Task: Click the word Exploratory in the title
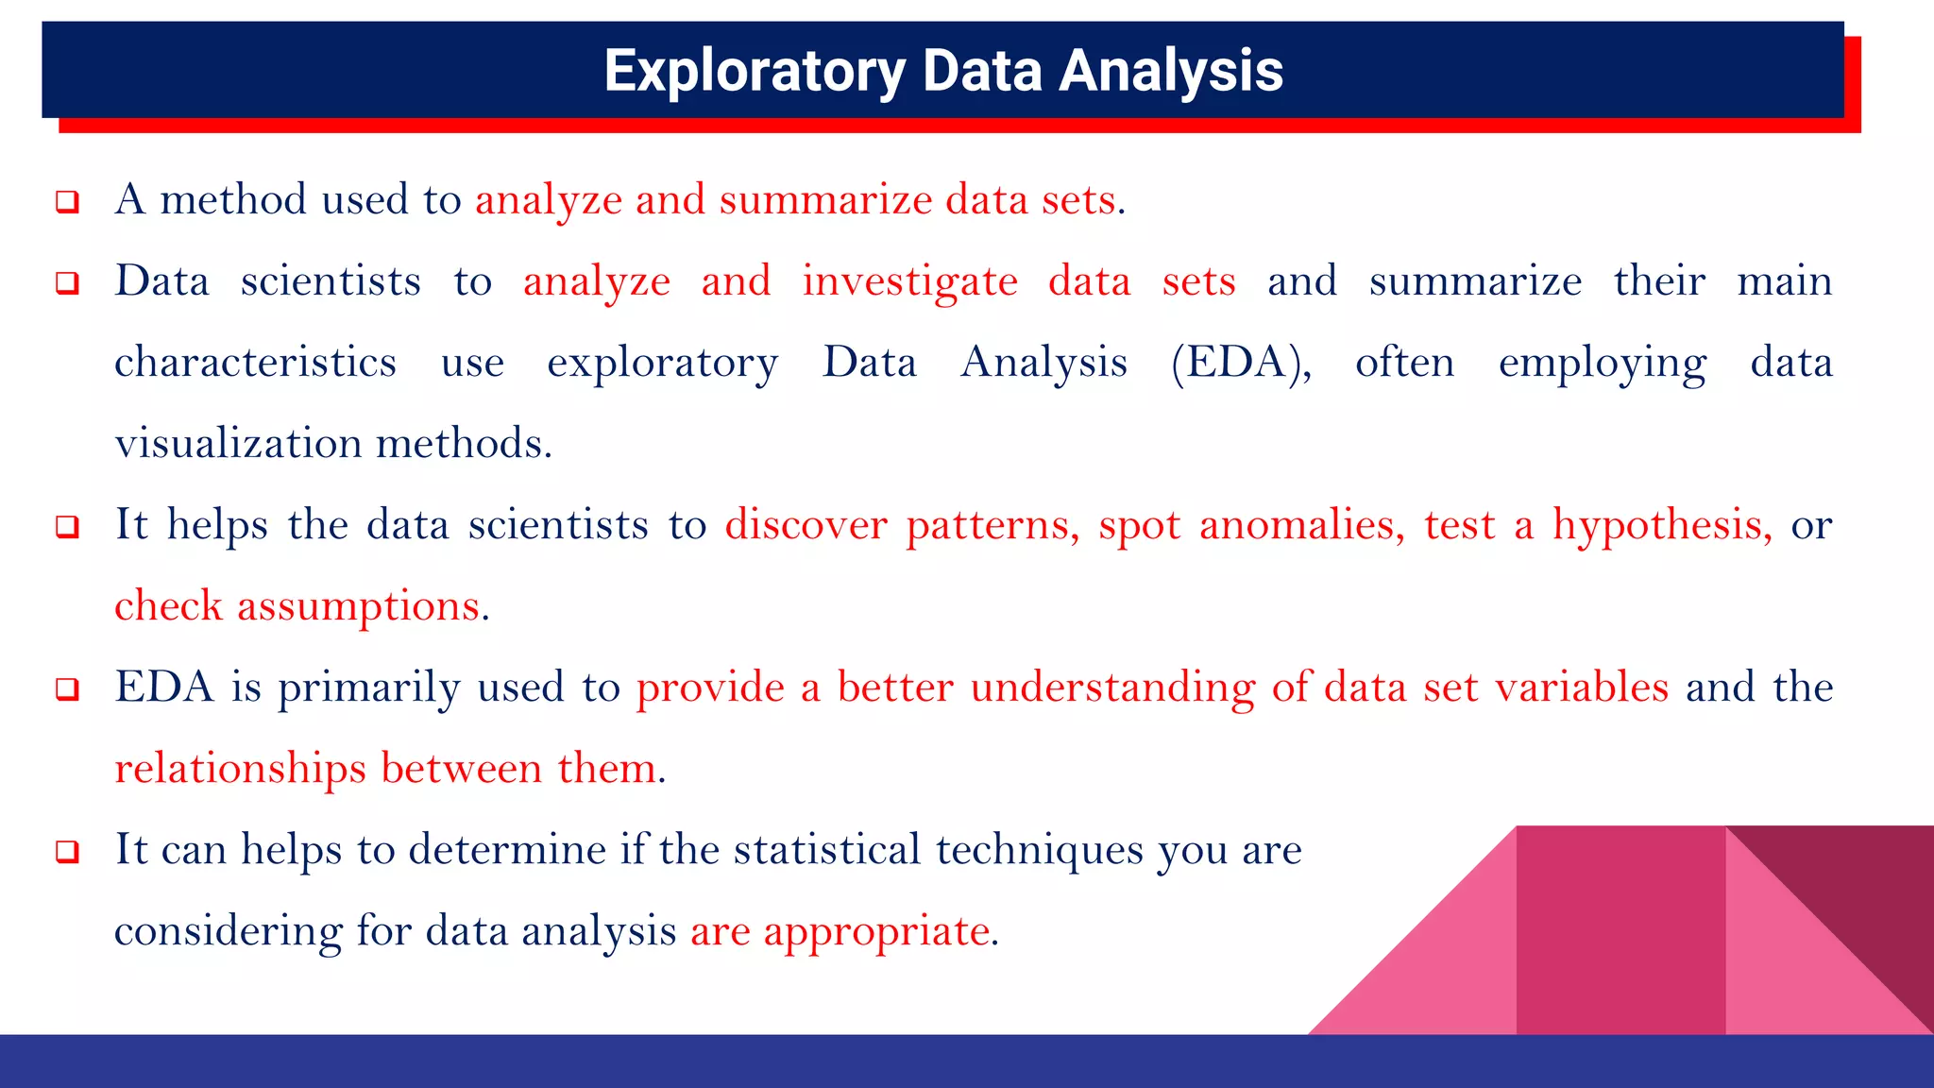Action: click(x=755, y=71)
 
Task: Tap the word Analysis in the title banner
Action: click(x=1170, y=71)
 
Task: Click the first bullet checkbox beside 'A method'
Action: click(x=67, y=201)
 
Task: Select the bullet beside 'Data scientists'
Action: click(x=67, y=282)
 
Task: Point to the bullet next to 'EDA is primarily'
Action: click(x=67, y=688)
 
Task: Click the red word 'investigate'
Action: click(x=909, y=281)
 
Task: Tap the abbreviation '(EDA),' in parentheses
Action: click(x=1241, y=363)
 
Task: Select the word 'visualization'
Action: click(x=238, y=443)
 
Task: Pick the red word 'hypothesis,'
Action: click(x=1662, y=525)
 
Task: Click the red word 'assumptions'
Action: click(x=358, y=606)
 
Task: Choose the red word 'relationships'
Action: click(x=240, y=769)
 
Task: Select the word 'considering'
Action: click(x=228, y=931)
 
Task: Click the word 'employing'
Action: click(x=1602, y=363)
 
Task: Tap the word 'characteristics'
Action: click(x=255, y=363)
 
